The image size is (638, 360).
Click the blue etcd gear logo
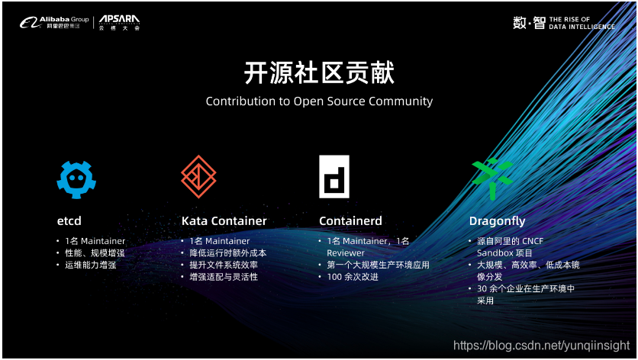[76, 177]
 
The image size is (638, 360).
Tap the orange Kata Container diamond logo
[199, 177]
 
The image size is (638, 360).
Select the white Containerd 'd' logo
[333, 177]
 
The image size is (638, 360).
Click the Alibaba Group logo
[54, 23]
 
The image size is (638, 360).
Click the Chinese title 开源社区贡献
[318, 73]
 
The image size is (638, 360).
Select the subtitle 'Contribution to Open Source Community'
[319, 101]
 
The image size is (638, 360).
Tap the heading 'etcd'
[69, 221]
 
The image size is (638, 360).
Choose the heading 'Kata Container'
[224, 221]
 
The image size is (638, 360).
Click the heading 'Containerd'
[350, 221]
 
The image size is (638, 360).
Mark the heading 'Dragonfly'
[497, 221]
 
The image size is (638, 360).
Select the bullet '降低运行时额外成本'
[228, 252]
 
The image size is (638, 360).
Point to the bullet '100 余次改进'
[353, 277]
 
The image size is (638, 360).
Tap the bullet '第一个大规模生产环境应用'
[378, 265]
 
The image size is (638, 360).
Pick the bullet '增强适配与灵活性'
[224, 277]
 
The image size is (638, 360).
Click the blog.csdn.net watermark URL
[542, 346]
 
